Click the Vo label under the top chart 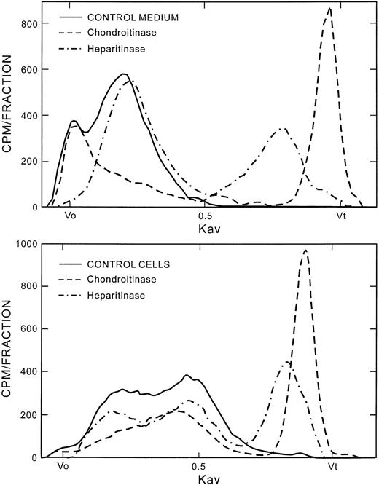click(71, 216)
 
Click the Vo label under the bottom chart click(63, 467)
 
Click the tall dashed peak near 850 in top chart click(329, 9)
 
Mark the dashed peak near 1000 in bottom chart click(305, 251)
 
